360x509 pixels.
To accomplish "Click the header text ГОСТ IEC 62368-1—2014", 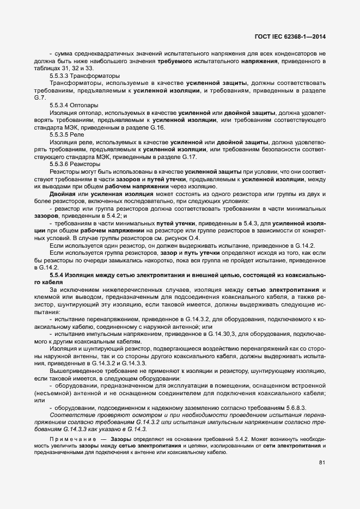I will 294,37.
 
